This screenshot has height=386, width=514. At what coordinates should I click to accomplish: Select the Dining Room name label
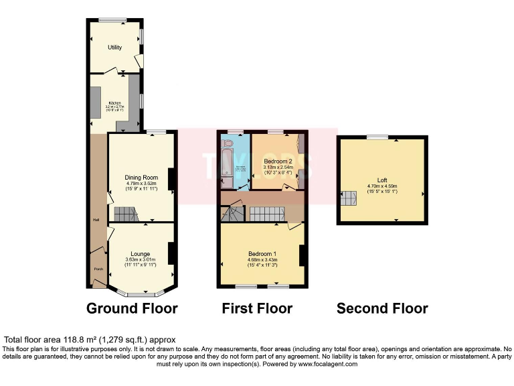[x=141, y=178]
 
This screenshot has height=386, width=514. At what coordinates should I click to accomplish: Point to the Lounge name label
[x=141, y=254]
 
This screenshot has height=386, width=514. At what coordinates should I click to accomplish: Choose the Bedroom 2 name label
[x=278, y=162]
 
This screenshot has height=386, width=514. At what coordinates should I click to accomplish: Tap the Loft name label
[x=382, y=180]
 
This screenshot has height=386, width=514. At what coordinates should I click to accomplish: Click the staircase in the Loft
[x=349, y=197]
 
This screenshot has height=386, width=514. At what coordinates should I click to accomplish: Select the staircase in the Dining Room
[x=124, y=214]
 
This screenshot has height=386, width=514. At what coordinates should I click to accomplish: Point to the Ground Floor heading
[x=132, y=308]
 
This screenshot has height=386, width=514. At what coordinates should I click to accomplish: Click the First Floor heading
[x=257, y=308]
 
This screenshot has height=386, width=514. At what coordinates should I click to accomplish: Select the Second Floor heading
[x=382, y=308]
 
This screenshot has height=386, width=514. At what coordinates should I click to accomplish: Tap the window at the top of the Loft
[x=377, y=137]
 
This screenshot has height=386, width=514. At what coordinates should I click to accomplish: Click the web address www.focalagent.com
[x=325, y=364]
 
